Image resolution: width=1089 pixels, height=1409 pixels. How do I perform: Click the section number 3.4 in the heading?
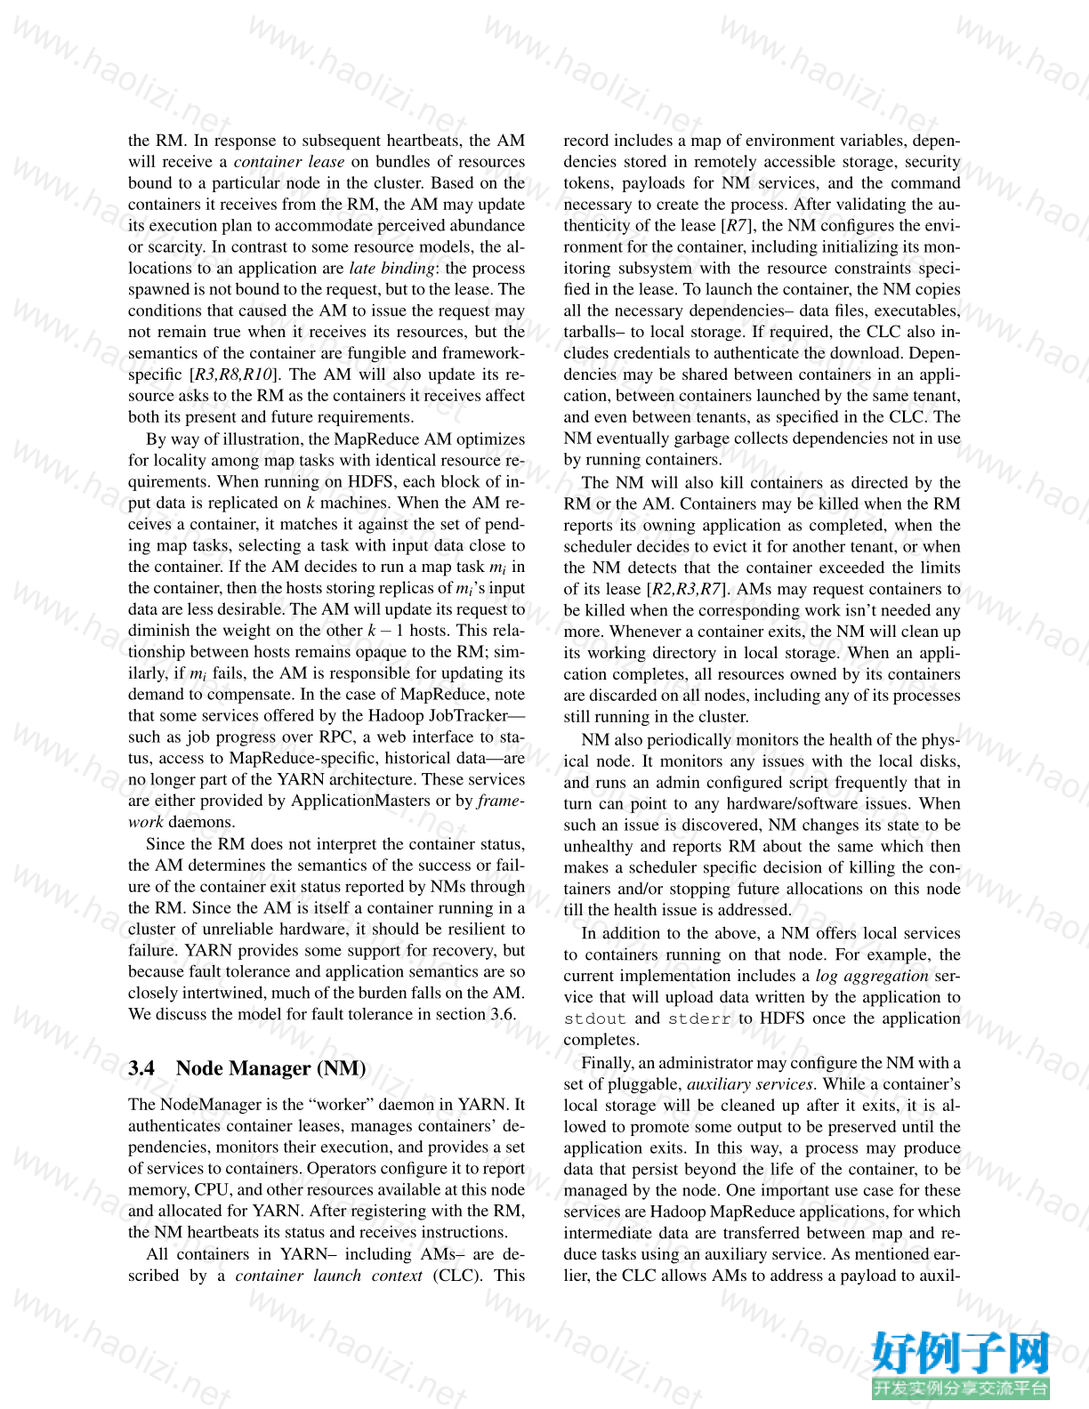coord(141,1068)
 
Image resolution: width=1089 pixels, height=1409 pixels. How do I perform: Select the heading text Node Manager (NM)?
coord(270,1068)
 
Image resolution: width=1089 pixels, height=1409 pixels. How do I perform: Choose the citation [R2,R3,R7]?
coord(688,589)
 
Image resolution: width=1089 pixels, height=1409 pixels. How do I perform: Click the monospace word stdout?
coord(594,1019)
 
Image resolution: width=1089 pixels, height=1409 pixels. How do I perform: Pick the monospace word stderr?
coord(699,1019)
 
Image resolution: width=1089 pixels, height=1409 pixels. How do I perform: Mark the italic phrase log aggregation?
coord(872,976)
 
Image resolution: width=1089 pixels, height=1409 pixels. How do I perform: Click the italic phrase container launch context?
coord(328,1276)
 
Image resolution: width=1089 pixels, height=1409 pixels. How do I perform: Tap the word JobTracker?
coord(472,716)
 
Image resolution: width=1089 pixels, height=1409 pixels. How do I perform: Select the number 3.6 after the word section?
coord(502,1014)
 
